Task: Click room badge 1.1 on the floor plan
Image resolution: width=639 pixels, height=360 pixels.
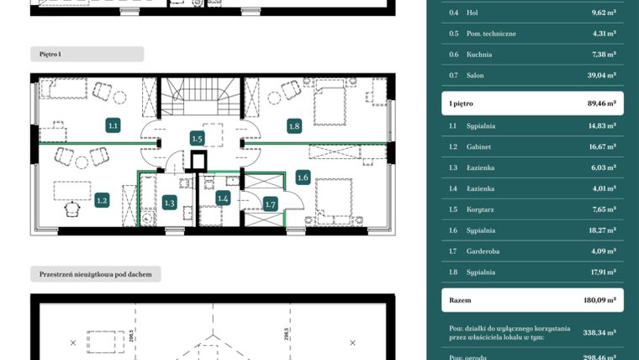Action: tap(114, 125)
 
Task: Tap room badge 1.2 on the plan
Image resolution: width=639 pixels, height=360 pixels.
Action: tap(102, 200)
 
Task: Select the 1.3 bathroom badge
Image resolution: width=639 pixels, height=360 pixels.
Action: tap(169, 202)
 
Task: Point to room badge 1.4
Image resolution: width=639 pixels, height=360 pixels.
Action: tap(223, 199)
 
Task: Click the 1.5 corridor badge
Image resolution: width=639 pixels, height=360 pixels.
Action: tap(198, 138)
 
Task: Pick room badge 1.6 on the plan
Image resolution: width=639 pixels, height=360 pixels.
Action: tap(303, 177)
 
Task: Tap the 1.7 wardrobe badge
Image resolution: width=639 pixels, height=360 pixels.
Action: tap(270, 204)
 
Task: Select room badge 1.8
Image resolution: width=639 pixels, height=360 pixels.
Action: tap(293, 126)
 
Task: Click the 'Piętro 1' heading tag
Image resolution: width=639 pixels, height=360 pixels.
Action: tap(50, 54)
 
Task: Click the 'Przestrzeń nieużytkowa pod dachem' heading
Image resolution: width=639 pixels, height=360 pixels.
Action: tap(95, 274)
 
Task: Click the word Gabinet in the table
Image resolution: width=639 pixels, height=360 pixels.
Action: tap(480, 146)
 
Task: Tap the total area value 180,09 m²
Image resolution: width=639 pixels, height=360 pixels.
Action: tap(600, 300)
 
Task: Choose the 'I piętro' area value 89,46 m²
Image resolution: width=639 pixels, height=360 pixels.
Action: tap(600, 103)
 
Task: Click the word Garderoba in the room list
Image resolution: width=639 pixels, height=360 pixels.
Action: tap(483, 251)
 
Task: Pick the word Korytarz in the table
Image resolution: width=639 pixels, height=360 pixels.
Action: tap(481, 209)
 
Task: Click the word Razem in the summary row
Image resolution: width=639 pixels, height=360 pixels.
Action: tap(460, 300)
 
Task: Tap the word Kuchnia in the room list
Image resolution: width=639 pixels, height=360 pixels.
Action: tap(479, 55)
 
